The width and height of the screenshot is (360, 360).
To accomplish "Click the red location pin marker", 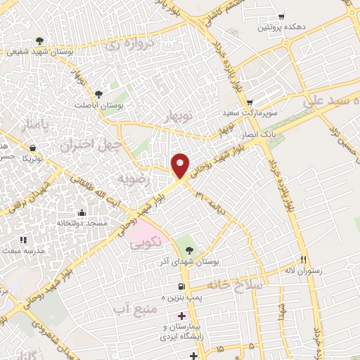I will (x=181, y=165).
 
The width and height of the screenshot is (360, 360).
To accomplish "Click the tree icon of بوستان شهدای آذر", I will (x=188, y=249).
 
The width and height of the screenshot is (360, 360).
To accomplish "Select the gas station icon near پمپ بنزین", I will (x=182, y=286).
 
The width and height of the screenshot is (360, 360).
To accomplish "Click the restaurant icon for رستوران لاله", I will (x=304, y=258).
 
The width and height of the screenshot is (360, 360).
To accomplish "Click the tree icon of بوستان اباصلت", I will (x=98, y=94).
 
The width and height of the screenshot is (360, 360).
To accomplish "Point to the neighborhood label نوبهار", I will (x=179, y=116).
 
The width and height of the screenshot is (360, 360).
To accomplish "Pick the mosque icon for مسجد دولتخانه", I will (x=82, y=212).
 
